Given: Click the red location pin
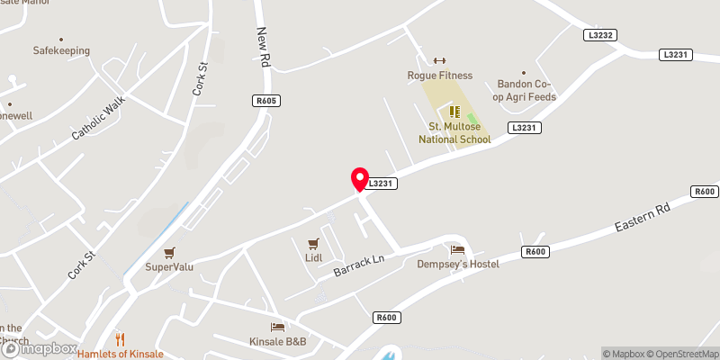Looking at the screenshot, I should pyautogui.click(x=360, y=178).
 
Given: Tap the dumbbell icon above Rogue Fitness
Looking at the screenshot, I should pyautogui.click(x=439, y=60).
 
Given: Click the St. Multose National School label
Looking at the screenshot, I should pyautogui.click(x=454, y=134).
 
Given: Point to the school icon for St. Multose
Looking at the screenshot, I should pyautogui.click(x=454, y=112).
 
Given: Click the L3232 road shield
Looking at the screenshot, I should pyautogui.click(x=599, y=35).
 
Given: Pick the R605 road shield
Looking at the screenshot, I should pyautogui.click(x=265, y=102).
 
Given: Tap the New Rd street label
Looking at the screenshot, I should pyautogui.click(x=264, y=47).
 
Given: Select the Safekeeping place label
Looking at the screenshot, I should pyautogui.click(x=61, y=51).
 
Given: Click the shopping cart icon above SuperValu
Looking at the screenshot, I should pyautogui.click(x=170, y=253).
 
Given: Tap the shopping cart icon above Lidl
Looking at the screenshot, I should pyautogui.click(x=313, y=244).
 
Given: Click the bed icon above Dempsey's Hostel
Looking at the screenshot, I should pyautogui.click(x=457, y=249).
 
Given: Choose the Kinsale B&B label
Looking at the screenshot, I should pyautogui.click(x=278, y=342).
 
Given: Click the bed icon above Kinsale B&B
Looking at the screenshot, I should pyautogui.click(x=278, y=327).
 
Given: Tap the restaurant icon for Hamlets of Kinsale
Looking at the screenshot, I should pyautogui.click(x=120, y=338).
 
